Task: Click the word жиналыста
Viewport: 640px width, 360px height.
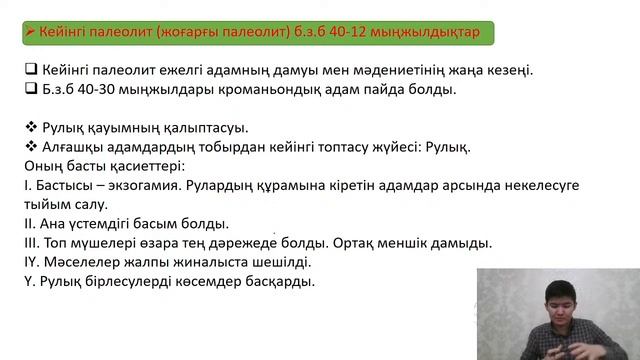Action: (215, 262)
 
